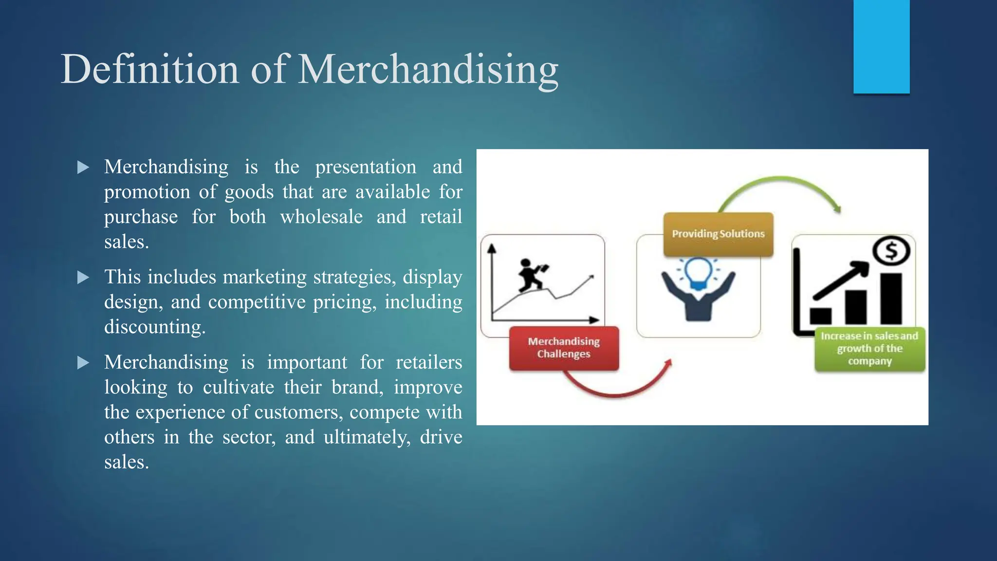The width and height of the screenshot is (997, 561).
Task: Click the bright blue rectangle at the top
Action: coord(881,46)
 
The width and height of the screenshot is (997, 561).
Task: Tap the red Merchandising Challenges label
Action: coord(564,348)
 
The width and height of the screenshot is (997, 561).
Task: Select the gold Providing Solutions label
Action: coord(718,234)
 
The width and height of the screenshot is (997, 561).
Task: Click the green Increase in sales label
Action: coord(869,349)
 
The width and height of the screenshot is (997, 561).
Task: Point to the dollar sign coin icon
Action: coord(891,251)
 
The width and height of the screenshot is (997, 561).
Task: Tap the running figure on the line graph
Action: coord(531,276)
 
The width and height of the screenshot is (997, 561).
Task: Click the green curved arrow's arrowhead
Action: coord(837,208)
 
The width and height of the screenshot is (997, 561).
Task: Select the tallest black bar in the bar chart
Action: coord(891,298)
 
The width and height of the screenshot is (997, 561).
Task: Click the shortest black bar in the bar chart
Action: coord(821,316)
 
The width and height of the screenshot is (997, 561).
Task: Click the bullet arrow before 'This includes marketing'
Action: coord(83,278)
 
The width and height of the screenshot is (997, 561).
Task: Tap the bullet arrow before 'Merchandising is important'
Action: coord(83,363)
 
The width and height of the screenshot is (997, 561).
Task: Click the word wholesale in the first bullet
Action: coord(321,217)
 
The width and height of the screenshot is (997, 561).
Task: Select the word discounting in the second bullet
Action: coord(155,327)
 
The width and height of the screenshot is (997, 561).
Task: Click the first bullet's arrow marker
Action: coord(83,168)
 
